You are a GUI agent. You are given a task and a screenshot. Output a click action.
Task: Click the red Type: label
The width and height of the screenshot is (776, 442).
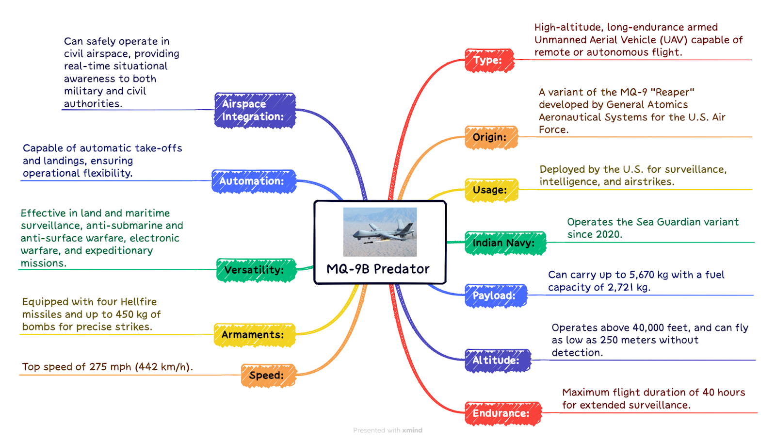489,60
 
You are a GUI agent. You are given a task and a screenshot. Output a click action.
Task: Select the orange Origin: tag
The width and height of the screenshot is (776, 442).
491,137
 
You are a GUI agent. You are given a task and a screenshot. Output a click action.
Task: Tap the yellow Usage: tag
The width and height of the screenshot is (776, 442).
492,190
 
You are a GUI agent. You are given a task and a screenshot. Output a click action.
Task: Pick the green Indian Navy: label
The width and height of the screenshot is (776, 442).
505,243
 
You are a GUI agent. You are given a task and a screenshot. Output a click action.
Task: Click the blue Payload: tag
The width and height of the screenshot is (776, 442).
496,295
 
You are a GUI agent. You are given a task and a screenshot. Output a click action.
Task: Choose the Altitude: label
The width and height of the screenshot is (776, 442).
498,360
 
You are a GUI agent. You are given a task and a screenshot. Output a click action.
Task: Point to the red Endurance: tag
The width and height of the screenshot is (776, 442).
503,413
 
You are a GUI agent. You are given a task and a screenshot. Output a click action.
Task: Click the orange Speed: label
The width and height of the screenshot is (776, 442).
269,376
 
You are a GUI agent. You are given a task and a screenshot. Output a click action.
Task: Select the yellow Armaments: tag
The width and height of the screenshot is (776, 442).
255,335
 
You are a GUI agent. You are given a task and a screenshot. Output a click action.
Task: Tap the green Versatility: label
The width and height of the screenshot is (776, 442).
256,270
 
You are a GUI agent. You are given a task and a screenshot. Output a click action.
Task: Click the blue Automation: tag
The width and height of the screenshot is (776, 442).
254,181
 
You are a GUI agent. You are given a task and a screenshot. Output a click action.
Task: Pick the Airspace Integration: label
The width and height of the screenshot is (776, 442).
255,110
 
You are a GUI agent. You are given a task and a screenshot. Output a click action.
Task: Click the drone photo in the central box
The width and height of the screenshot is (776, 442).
380,232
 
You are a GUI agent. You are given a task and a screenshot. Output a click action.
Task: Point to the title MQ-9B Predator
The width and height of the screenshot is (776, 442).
378,269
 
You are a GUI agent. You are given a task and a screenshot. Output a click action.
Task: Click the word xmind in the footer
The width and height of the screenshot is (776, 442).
412,430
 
